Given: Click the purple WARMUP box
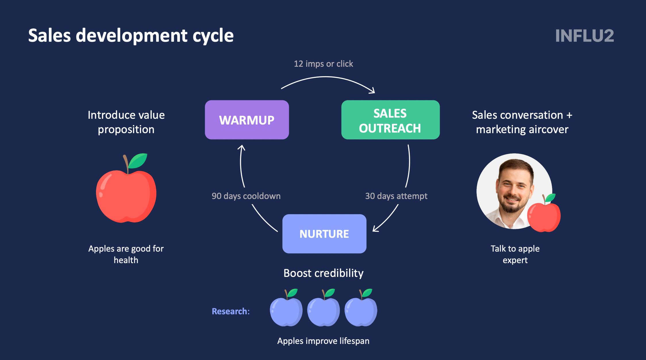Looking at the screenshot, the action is point(247,120).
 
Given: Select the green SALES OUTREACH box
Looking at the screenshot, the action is point(391,120).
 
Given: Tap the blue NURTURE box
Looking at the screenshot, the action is point(324,234).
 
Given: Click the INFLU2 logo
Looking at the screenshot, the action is point(585,36).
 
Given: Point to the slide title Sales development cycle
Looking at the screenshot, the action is point(131,36).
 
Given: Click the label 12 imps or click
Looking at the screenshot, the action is point(323,64).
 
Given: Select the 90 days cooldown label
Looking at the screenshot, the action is point(246,196).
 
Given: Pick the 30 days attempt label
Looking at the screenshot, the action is point(396,196).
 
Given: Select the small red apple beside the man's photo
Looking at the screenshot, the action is point(544,213).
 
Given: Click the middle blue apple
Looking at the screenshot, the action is point(324,308).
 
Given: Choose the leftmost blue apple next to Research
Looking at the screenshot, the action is point(286,308).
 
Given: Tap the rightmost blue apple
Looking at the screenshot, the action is point(361,308).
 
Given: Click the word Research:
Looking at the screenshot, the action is point(231,311).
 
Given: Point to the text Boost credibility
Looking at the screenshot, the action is point(324,273).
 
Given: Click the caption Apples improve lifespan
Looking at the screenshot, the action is point(323,341).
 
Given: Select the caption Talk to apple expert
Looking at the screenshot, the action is point(515,254).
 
